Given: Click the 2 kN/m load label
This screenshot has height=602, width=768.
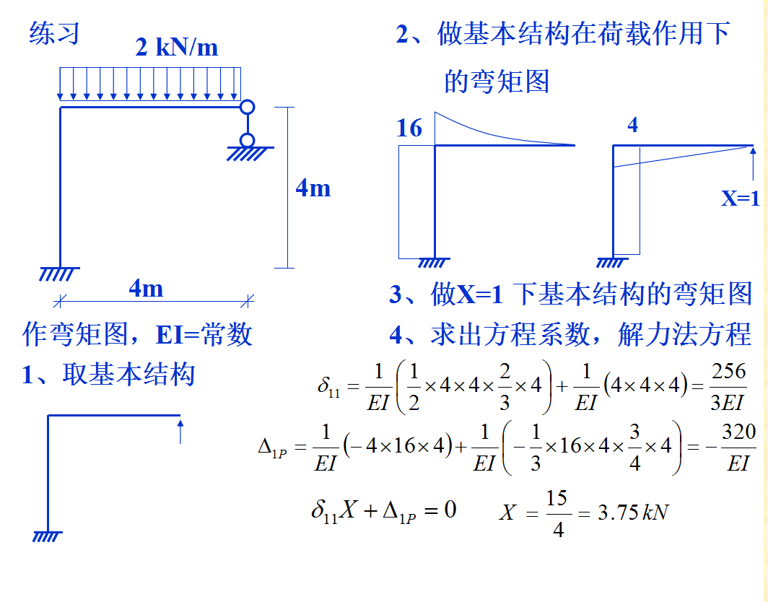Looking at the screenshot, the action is [x=176, y=47].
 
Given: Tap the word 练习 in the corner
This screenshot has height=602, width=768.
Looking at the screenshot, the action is [x=53, y=33].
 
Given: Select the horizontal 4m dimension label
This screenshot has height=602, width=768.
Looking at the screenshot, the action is [x=146, y=289].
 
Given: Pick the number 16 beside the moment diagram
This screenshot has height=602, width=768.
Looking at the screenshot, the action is [x=409, y=128].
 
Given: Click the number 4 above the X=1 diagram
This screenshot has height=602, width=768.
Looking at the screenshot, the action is [x=632, y=125].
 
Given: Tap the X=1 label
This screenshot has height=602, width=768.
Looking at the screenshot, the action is [x=741, y=198].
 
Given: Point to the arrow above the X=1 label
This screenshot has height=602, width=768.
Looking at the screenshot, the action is [x=753, y=164].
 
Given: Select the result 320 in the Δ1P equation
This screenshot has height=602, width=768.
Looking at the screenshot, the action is [x=738, y=432].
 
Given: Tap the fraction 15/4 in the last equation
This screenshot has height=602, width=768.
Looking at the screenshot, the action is [x=557, y=513].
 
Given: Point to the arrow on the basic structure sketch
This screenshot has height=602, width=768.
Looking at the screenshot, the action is [x=180, y=431].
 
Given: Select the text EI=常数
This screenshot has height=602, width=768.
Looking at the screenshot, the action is [x=204, y=334].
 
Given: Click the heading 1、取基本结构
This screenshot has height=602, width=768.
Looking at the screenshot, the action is [x=108, y=375].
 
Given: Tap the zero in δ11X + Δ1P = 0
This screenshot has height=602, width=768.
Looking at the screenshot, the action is [x=450, y=510].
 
